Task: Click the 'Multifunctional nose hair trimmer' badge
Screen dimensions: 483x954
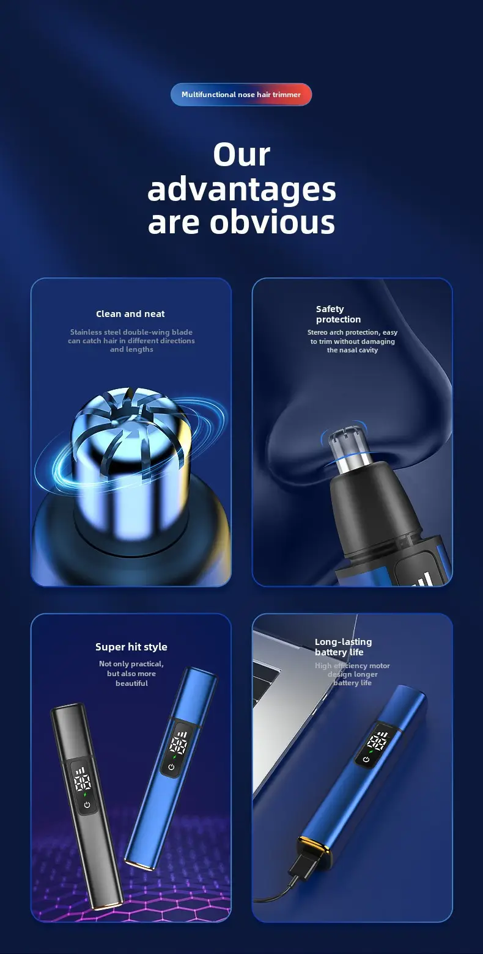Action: click(x=242, y=95)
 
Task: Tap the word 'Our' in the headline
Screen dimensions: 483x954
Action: click(x=242, y=154)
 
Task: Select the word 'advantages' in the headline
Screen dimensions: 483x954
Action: click(x=242, y=191)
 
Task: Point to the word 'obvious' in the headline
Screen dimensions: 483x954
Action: click(x=272, y=222)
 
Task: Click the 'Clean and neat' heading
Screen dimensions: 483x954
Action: click(x=130, y=314)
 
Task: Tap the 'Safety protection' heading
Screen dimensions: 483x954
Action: click(x=339, y=314)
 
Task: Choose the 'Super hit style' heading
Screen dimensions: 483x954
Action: click(x=131, y=647)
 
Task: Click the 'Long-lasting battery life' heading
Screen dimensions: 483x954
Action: click(x=343, y=647)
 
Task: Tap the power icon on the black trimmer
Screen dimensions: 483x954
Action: click(x=87, y=804)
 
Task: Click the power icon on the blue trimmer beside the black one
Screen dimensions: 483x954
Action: click(x=171, y=766)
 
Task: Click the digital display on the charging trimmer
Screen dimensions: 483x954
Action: click(x=377, y=741)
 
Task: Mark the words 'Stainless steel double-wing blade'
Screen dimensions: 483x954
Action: click(x=131, y=332)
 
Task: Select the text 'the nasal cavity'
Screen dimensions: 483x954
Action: click(x=353, y=350)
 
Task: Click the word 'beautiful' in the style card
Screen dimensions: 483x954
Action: click(x=131, y=683)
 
